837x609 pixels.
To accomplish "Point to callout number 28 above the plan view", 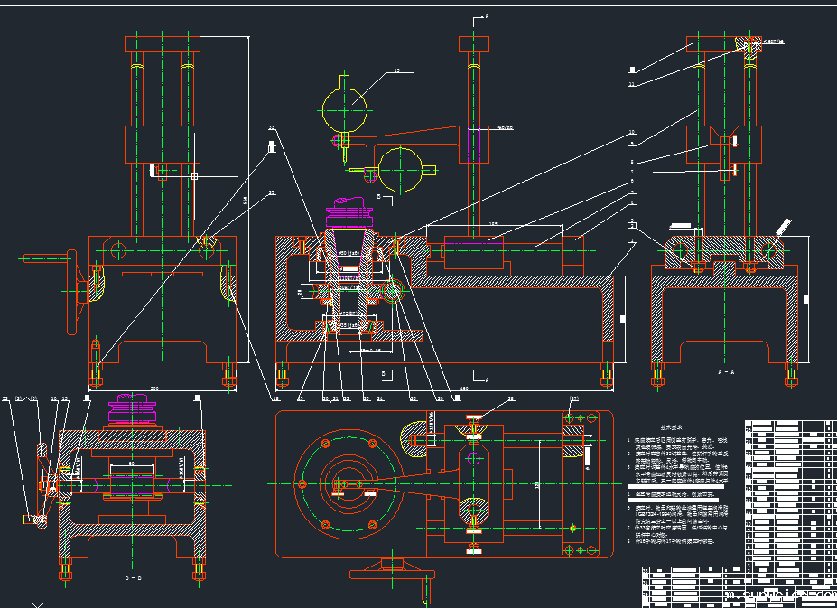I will click(511, 398).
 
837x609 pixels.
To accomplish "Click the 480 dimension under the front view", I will click(464, 389).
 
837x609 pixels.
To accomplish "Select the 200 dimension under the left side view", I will click(154, 389).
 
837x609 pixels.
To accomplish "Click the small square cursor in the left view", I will click(194, 177).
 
